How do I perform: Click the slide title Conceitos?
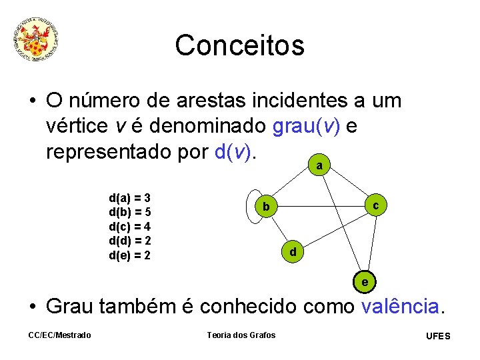pyautogui.click(x=239, y=45)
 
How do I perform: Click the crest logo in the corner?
pyautogui.click(x=37, y=40)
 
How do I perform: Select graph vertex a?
pyautogui.click(x=320, y=165)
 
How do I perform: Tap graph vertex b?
pyautogui.click(x=266, y=208)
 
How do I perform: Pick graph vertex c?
pyautogui.click(x=376, y=206)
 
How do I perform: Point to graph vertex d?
pyautogui.click(x=293, y=252)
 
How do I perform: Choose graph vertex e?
pyautogui.click(x=364, y=282)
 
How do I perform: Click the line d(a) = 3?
pyautogui.click(x=129, y=198)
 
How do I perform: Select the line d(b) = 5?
pyautogui.click(x=129, y=213)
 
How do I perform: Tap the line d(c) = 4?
pyautogui.click(x=129, y=227)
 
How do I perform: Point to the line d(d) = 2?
pyautogui.click(x=129, y=241)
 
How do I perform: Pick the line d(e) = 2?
pyautogui.click(x=129, y=255)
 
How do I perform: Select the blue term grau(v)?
pyautogui.click(x=306, y=126)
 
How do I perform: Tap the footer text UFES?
pyautogui.click(x=438, y=336)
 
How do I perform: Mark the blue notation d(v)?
pyautogui.click(x=234, y=151)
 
